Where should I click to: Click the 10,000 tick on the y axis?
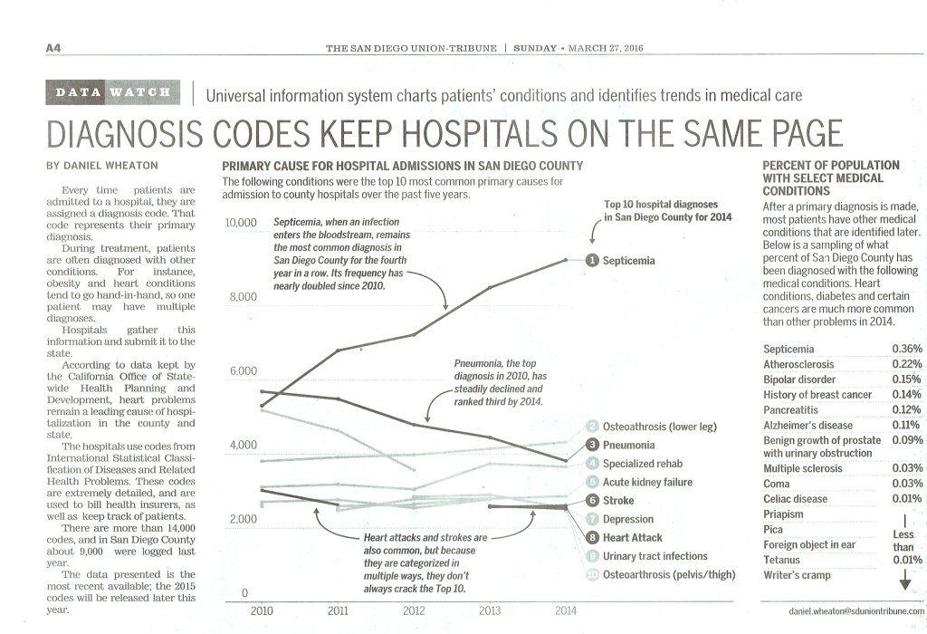(x=240, y=223)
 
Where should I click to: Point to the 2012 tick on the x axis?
(x=413, y=610)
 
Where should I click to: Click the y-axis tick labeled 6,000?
(x=244, y=371)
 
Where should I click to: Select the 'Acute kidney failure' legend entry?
(x=647, y=482)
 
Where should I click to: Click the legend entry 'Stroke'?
(x=618, y=500)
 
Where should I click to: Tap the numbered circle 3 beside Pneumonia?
(x=592, y=445)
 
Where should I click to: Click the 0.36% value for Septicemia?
(x=906, y=349)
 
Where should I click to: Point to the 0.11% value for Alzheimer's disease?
(x=906, y=425)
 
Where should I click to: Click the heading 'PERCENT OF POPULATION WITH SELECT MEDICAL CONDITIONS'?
(x=832, y=178)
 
